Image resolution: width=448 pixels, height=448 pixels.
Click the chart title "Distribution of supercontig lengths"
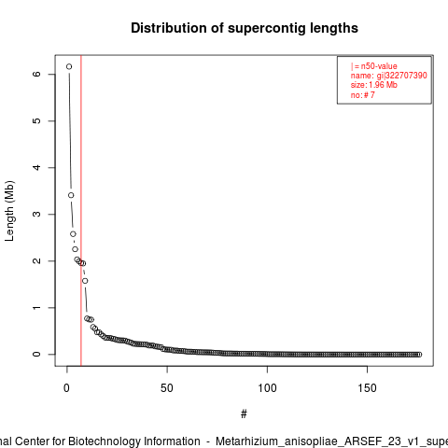[245, 28]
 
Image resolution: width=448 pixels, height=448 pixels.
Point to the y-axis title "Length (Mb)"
[9, 211]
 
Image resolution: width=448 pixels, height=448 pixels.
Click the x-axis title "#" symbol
[244, 414]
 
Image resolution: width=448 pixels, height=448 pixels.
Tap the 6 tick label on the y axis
[36, 74]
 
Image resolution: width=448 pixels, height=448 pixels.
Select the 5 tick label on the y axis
[36, 120]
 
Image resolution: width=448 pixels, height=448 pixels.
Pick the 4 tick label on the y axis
[36, 167]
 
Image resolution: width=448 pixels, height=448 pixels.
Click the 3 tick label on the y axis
[36, 214]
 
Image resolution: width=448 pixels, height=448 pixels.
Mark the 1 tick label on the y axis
[36, 307]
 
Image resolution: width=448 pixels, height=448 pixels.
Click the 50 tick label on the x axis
[167, 388]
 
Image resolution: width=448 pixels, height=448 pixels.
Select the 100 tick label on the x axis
[267, 388]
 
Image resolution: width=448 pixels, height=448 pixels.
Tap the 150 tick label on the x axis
[368, 388]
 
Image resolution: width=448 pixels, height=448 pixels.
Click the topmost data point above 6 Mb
[69, 66]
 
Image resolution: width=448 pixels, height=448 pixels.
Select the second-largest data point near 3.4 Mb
[71, 195]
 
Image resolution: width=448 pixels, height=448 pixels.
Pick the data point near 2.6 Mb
[73, 234]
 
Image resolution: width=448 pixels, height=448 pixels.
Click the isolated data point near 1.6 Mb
[85, 281]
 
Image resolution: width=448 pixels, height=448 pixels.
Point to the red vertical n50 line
[81, 211]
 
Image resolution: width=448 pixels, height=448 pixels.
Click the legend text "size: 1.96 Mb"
[374, 85]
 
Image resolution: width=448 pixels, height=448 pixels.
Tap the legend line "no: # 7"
[363, 95]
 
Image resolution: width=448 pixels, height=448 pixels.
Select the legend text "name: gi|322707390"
[389, 76]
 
